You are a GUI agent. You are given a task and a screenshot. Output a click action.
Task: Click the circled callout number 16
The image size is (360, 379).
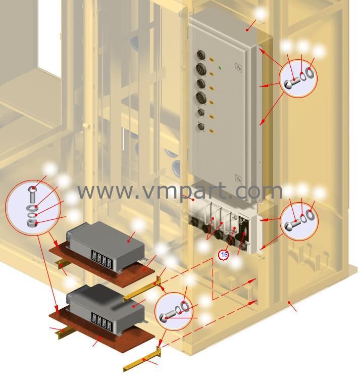tap(224, 255)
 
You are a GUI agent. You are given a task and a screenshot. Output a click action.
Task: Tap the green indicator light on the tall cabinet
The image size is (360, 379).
tap(220, 68)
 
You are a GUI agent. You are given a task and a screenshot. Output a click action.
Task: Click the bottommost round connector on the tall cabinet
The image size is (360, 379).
tap(200, 126)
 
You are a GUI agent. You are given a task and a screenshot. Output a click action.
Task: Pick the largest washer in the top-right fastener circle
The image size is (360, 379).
tap(310, 74)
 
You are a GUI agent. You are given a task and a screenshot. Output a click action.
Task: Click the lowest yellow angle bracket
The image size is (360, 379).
tap(141, 360)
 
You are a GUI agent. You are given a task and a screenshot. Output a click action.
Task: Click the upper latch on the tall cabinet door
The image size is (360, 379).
tap(238, 66)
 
